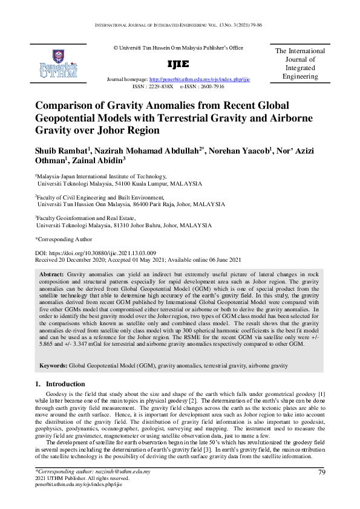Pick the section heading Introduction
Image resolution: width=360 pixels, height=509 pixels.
coord(66,384)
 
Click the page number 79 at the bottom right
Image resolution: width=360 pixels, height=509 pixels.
coord(322,472)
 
